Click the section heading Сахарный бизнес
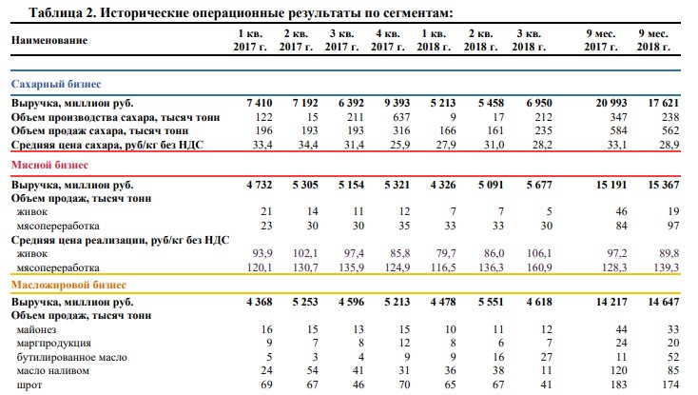pos(56,84)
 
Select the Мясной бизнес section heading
pos(49,166)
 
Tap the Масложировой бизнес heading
pos(68,285)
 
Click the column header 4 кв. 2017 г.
pos(388,40)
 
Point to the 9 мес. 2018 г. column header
pos(653,40)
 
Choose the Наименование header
pos(49,41)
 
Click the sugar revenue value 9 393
pos(397,104)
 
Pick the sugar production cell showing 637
pos(401,117)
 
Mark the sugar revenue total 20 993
pos(611,104)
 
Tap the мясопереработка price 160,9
pos(539,267)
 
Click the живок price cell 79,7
pos(446,253)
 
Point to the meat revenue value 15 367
pos(663,185)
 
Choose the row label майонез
pos(36,330)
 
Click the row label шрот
pos(29,385)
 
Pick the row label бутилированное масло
pos(71,358)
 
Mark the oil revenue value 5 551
pos(491,302)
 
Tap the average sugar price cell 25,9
pos(400,145)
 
